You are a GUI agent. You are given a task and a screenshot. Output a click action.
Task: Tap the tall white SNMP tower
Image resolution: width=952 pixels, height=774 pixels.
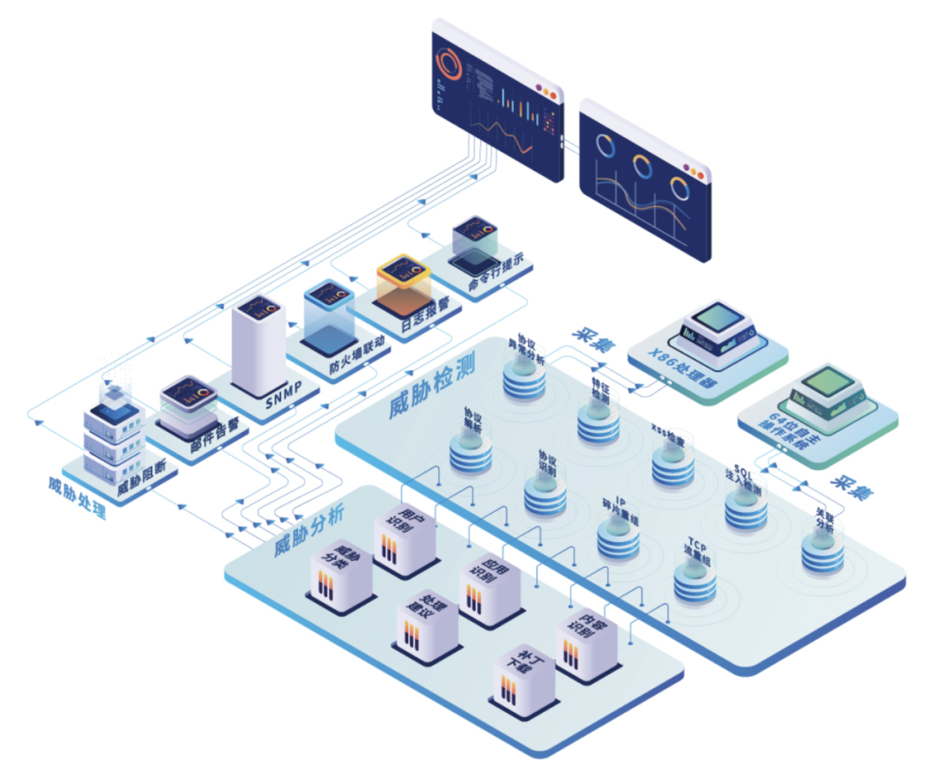point(258,347)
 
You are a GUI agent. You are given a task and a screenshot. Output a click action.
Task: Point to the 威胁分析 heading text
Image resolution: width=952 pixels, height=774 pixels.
point(308,534)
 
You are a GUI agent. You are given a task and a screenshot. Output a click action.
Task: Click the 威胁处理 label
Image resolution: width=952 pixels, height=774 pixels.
point(77,497)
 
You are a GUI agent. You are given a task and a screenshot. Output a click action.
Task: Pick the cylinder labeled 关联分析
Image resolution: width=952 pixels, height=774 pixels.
point(822,550)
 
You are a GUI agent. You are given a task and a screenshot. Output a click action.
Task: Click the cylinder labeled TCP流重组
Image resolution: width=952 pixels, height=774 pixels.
point(695,581)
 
